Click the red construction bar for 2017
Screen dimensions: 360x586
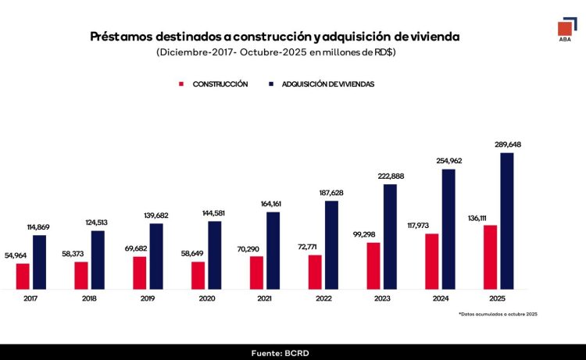(23, 276)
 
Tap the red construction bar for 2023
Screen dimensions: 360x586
(373, 266)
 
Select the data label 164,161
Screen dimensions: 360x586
(273, 204)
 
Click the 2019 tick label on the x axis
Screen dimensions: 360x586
(148, 298)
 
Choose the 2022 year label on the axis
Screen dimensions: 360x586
(323, 298)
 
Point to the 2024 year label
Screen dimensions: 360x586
(440, 298)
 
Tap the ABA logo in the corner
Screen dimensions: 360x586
(564, 32)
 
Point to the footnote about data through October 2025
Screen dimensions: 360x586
(498, 314)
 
